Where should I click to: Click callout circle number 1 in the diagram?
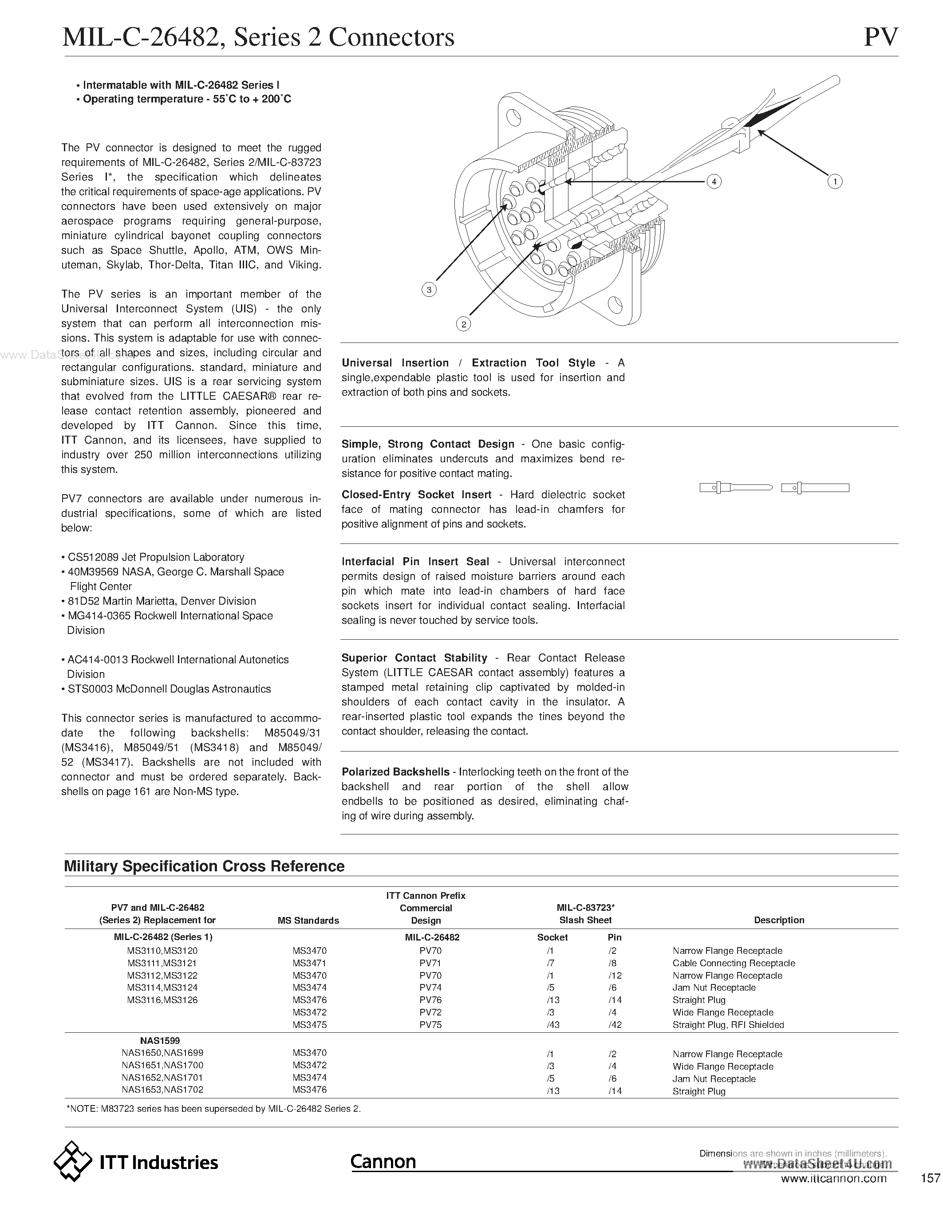[835, 181]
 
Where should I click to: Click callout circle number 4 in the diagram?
[714, 181]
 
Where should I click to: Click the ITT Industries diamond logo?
[73, 1162]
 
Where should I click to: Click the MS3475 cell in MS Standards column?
[309, 1024]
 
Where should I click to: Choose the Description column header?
[779, 920]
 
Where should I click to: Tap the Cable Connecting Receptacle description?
[734, 963]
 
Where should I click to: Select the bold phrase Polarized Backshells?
[395, 772]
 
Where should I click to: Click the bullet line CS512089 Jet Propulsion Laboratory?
[156, 557]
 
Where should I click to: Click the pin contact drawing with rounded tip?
[736, 488]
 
